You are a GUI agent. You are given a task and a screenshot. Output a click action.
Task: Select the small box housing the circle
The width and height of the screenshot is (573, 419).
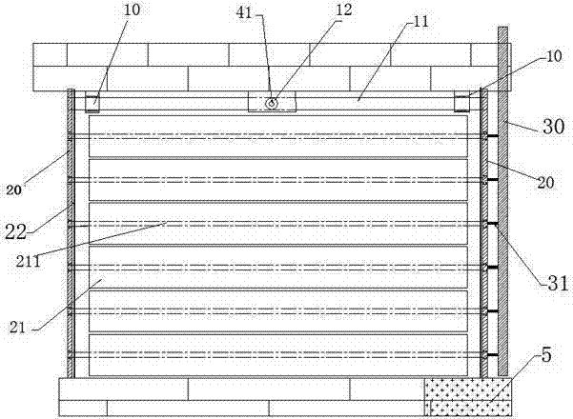[273, 102]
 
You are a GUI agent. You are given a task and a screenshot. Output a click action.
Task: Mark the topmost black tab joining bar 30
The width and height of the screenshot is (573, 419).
[492, 136]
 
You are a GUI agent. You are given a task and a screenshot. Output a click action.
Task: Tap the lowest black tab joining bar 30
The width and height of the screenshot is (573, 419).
[492, 355]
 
